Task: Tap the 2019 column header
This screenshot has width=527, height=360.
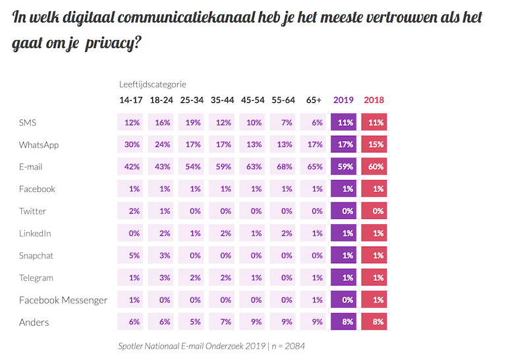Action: pyautogui.click(x=343, y=100)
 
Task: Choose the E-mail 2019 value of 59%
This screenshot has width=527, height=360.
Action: pyautogui.click(x=343, y=167)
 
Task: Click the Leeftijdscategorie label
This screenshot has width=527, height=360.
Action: pyautogui.click(x=152, y=84)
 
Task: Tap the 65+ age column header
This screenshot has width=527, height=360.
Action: pyautogui.click(x=314, y=100)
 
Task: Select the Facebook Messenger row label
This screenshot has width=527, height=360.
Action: pyautogui.click(x=64, y=301)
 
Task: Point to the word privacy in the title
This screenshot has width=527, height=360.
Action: pyautogui.click(x=119, y=45)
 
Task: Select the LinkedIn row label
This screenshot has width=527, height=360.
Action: pyautogui.click(x=36, y=233)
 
